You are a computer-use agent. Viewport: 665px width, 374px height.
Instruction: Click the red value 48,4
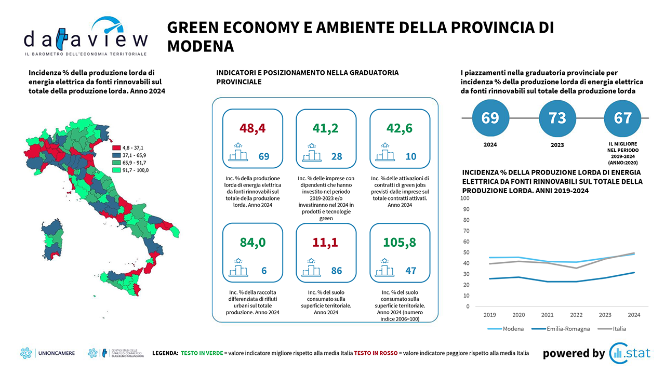[252, 128]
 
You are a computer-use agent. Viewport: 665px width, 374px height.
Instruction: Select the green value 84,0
[252, 242]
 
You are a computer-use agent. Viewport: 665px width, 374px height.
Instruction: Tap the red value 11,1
[326, 242]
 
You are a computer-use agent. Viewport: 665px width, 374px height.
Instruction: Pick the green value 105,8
[400, 242]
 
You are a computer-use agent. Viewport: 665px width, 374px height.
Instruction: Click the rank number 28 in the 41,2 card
[337, 156]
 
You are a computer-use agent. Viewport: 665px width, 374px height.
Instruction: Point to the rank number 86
[337, 271]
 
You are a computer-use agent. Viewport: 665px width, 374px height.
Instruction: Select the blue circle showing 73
[557, 118]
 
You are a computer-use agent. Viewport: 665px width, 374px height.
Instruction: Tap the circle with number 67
[622, 118]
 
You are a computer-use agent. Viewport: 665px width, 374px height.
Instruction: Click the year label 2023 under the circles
[557, 145]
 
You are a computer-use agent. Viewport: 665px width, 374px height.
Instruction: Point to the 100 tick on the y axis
[465, 198]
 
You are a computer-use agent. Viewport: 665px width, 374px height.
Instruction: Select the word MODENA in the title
[201, 46]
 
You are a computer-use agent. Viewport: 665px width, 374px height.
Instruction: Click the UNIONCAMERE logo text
[57, 353]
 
